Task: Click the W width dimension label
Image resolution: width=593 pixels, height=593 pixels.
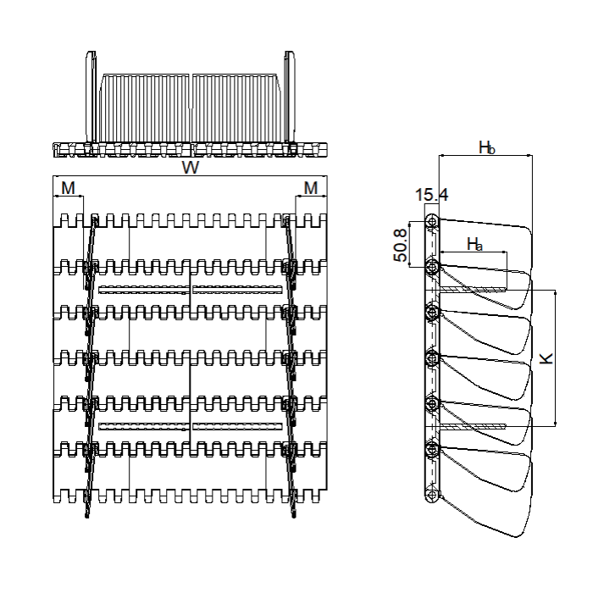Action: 191,168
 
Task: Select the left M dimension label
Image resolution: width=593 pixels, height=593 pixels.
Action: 68,188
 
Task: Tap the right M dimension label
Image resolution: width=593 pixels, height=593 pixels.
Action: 311,188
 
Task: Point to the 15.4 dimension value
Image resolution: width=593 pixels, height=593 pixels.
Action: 431,195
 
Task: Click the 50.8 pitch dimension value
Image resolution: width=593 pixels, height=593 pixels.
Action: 401,246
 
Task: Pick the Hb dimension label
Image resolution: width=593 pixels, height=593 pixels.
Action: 487,147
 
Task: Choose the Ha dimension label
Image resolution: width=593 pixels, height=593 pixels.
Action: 474,244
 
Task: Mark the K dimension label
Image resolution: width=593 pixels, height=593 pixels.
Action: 546,358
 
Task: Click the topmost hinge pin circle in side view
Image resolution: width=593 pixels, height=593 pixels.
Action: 432,221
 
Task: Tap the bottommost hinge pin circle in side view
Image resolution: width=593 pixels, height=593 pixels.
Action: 432,494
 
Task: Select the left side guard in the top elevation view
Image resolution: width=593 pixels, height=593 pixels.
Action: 91,97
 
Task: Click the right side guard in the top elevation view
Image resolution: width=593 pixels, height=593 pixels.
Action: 290,97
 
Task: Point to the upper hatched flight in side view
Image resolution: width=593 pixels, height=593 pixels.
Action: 473,290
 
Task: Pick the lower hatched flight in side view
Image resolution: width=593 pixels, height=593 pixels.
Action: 473,427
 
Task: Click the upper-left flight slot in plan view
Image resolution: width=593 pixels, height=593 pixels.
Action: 144,290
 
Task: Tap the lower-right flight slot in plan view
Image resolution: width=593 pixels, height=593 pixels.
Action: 237,427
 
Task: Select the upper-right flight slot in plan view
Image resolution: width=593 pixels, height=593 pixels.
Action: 237,290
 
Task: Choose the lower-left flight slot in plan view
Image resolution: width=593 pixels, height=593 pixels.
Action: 144,427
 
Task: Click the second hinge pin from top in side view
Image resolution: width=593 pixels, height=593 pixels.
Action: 432,268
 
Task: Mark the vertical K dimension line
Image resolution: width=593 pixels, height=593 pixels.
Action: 555,358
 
